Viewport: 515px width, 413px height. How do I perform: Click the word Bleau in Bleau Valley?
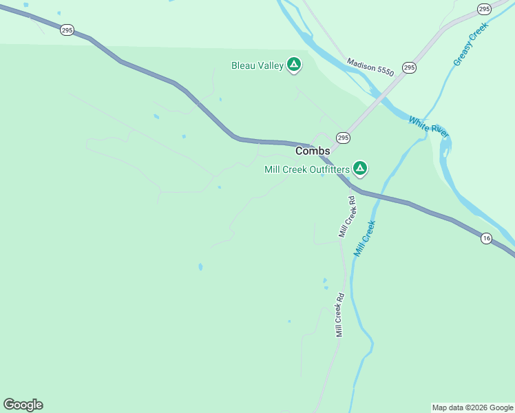tap(243, 66)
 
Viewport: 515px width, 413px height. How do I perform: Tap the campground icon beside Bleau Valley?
tap(294, 65)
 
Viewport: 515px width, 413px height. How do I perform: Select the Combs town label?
tap(313, 151)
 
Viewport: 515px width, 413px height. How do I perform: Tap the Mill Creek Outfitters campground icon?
tap(359, 168)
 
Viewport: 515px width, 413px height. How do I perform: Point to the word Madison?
tap(361, 63)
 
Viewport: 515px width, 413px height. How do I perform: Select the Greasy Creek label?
tap(470, 45)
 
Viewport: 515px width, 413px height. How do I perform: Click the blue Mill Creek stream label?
tap(364, 238)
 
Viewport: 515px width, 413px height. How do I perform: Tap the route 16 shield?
tap(486, 238)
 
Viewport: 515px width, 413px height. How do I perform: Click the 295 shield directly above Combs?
tap(343, 138)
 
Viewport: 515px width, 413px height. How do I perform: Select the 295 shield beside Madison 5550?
tap(409, 67)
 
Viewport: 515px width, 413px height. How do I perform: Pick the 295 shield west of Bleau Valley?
tap(67, 30)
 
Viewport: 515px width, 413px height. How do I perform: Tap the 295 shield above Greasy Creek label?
tap(484, 8)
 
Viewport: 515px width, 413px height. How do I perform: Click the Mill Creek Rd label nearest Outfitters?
tap(347, 217)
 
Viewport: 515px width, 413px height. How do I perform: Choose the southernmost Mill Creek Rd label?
tap(339, 315)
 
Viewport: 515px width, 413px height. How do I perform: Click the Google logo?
tap(23, 405)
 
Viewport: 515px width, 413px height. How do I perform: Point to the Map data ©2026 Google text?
tap(472, 407)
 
